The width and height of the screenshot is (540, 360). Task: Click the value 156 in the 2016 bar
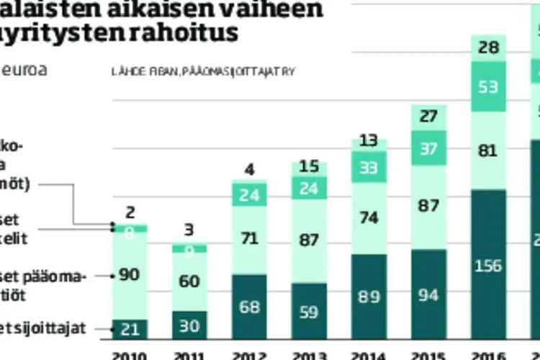click(489, 265)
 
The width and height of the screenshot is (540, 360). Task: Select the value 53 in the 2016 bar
click(489, 87)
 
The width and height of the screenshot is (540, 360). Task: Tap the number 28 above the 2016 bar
click(489, 48)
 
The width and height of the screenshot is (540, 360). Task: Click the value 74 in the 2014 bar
click(369, 217)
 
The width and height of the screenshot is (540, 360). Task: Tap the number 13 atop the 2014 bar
click(369, 140)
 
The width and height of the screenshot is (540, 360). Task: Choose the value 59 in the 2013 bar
click(310, 313)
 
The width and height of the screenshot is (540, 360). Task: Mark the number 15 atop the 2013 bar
click(310, 167)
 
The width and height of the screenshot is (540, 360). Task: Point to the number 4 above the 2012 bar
click(250, 171)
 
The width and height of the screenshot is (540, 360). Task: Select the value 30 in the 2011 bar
click(190, 326)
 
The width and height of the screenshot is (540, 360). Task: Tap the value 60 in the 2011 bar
click(190, 282)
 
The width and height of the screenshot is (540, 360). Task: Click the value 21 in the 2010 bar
click(130, 330)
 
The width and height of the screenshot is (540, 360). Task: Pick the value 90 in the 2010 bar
click(130, 274)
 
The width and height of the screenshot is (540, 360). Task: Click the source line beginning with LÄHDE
click(204, 72)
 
